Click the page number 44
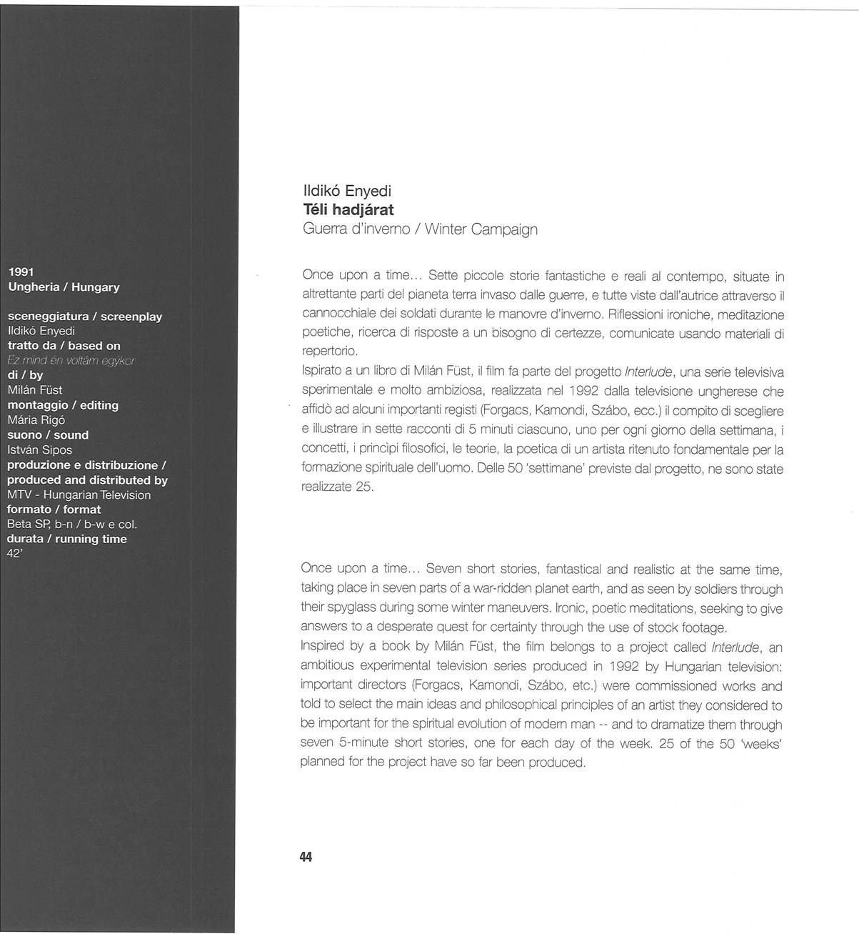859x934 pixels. tap(306, 857)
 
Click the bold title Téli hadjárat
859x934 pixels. tap(348, 210)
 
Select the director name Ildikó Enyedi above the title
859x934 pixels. tap(346, 191)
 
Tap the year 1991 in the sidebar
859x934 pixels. tap(21, 272)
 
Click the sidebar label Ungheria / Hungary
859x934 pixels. tap(64, 287)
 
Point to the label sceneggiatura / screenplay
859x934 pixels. tap(84, 316)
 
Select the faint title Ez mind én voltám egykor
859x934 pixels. tap(71, 360)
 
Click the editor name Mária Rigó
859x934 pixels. tap(36, 419)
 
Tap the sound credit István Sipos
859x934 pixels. tap(39, 449)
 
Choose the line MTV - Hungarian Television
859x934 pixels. tap(79, 495)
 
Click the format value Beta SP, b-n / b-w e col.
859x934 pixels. tap(71, 524)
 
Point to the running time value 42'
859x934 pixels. tap(15, 553)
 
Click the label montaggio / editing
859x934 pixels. tap(63, 405)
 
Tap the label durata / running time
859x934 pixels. tap(66, 539)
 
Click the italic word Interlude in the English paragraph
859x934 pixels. tap(736, 647)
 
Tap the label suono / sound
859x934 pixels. tap(48, 434)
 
